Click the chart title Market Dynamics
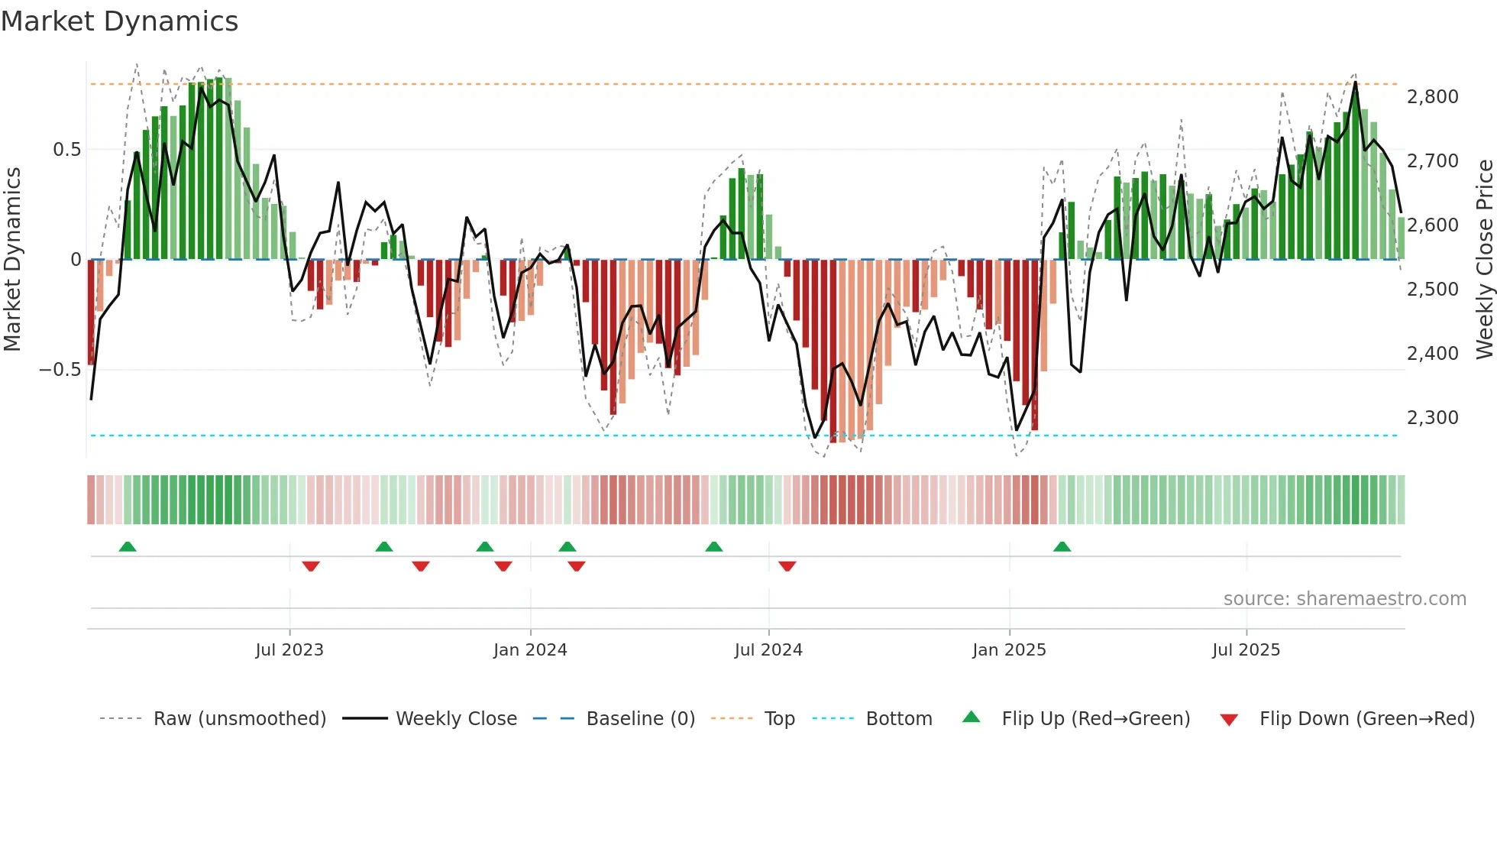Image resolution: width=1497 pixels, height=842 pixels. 119,21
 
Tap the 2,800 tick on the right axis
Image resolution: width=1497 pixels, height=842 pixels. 1432,97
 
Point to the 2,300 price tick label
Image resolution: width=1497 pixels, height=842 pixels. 1432,418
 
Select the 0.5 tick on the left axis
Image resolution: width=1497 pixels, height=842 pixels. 66,150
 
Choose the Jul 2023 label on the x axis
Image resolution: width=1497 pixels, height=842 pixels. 289,650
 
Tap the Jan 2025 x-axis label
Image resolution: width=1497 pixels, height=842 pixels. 1009,650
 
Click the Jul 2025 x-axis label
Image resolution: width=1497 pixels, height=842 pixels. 1246,650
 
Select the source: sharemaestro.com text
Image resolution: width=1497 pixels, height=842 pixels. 1344,599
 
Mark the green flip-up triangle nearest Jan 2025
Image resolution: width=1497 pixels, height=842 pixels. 1062,547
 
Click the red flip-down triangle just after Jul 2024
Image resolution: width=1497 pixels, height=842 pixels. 787,566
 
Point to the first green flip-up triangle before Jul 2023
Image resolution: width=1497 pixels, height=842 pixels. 128,547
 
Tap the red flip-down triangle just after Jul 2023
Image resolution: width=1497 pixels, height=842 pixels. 311,566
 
